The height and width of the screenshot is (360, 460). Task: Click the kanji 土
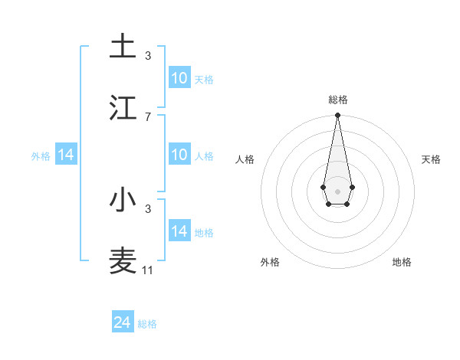click(123, 47)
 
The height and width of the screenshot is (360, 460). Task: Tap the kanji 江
click(123, 107)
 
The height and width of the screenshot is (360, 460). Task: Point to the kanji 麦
click(123, 260)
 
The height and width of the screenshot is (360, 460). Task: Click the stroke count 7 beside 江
click(148, 116)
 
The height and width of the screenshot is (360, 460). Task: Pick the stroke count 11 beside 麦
click(148, 270)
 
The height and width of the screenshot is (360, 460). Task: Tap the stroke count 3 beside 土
click(148, 56)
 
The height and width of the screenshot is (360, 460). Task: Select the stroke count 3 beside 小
click(148, 208)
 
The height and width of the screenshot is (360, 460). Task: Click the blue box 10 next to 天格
click(179, 78)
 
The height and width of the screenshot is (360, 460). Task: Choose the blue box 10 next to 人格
click(179, 155)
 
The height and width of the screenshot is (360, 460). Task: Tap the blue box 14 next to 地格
click(179, 231)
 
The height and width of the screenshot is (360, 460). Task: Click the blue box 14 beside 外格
click(66, 155)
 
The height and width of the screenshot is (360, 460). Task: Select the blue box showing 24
click(123, 322)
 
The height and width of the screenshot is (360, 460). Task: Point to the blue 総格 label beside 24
click(147, 324)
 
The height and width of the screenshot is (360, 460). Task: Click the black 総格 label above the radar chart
click(337, 100)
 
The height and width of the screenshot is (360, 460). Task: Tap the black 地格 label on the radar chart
click(402, 262)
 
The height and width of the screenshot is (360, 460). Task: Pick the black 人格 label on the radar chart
click(245, 159)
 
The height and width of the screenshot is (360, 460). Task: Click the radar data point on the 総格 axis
click(337, 116)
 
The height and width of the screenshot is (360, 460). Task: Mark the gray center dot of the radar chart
click(337, 191)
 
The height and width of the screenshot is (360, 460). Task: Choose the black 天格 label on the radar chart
click(432, 159)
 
